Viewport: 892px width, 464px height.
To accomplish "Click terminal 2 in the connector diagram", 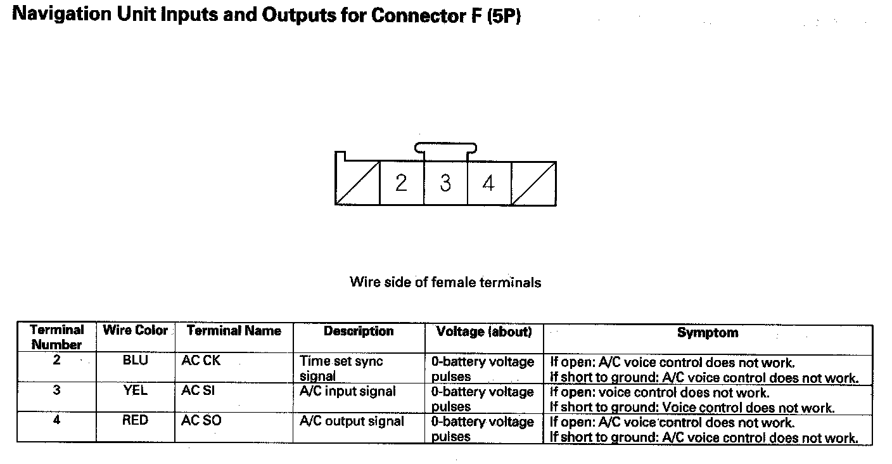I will click(401, 183).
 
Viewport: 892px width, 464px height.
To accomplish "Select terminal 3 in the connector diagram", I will click(445, 183).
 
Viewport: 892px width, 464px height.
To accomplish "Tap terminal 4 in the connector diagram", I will click(488, 183).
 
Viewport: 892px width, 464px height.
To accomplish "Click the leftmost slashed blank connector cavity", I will click(357, 183).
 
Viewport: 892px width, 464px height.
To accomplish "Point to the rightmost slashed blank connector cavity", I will click(534, 183).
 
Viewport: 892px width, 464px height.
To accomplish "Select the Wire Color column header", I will click(135, 330).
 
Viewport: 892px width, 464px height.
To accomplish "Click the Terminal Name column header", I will click(234, 330).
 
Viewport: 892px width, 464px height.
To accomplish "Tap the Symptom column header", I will click(708, 332).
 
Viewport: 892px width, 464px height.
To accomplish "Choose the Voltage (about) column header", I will click(484, 332).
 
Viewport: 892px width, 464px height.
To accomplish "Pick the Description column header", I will click(359, 331).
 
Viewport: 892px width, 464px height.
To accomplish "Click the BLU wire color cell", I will click(135, 361).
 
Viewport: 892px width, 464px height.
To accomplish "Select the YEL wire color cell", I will click(135, 391).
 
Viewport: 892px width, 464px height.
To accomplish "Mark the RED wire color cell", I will click(135, 421).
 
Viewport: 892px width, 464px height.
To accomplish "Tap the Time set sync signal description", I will click(341, 368).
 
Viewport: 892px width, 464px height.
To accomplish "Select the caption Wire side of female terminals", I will click(445, 282).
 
